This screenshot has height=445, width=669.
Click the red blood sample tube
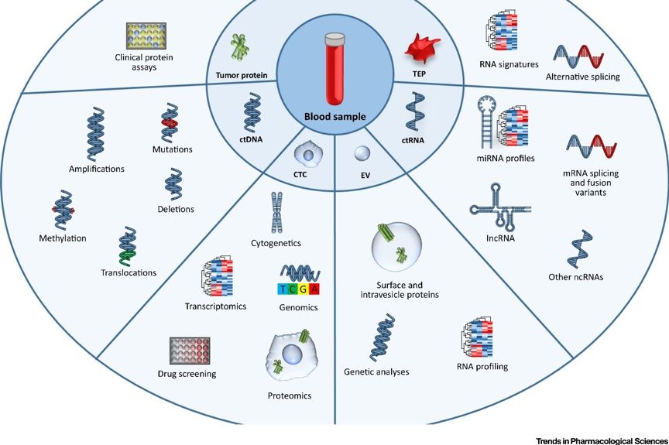point(334,69)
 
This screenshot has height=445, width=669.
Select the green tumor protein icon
point(241,49)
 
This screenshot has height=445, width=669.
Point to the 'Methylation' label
point(62,238)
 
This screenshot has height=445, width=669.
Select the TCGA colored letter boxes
point(298,289)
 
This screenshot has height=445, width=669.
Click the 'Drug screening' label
point(186,374)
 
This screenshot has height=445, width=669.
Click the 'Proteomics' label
point(290,395)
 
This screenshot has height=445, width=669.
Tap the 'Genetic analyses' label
point(376,372)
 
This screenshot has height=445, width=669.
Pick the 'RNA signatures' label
point(509,64)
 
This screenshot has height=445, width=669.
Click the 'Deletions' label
point(175,209)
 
